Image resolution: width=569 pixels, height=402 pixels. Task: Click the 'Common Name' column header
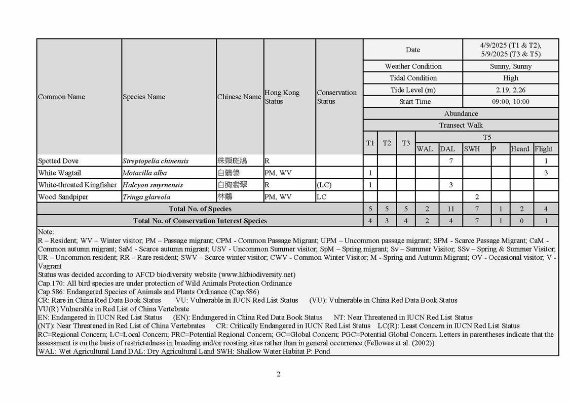[61, 97]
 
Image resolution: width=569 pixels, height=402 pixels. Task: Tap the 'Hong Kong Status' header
[282, 97]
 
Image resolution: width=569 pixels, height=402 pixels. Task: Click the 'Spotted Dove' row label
[58, 161]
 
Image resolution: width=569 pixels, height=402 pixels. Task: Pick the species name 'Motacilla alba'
[144, 173]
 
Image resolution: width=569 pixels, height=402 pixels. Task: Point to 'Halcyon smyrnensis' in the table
[153, 185]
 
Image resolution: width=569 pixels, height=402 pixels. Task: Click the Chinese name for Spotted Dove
[232, 161]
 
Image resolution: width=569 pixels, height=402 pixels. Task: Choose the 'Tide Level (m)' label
[412, 90]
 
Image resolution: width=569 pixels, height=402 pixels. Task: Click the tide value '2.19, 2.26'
[511, 90]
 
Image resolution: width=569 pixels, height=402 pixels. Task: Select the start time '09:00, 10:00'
[511, 102]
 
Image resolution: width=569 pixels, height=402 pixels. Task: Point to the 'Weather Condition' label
[413, 66]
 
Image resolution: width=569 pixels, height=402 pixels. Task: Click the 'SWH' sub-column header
[472, 149]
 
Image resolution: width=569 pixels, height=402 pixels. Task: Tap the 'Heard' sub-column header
[520, 149]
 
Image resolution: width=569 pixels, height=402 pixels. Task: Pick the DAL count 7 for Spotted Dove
[451, 161]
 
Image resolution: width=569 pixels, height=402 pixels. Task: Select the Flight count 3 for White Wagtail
[546, 173]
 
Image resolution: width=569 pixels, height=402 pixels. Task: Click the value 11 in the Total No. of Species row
[451, 209]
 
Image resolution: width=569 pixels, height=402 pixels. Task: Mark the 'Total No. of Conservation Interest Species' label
[200, 221]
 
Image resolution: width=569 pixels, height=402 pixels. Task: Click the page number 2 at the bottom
[279, 374]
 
